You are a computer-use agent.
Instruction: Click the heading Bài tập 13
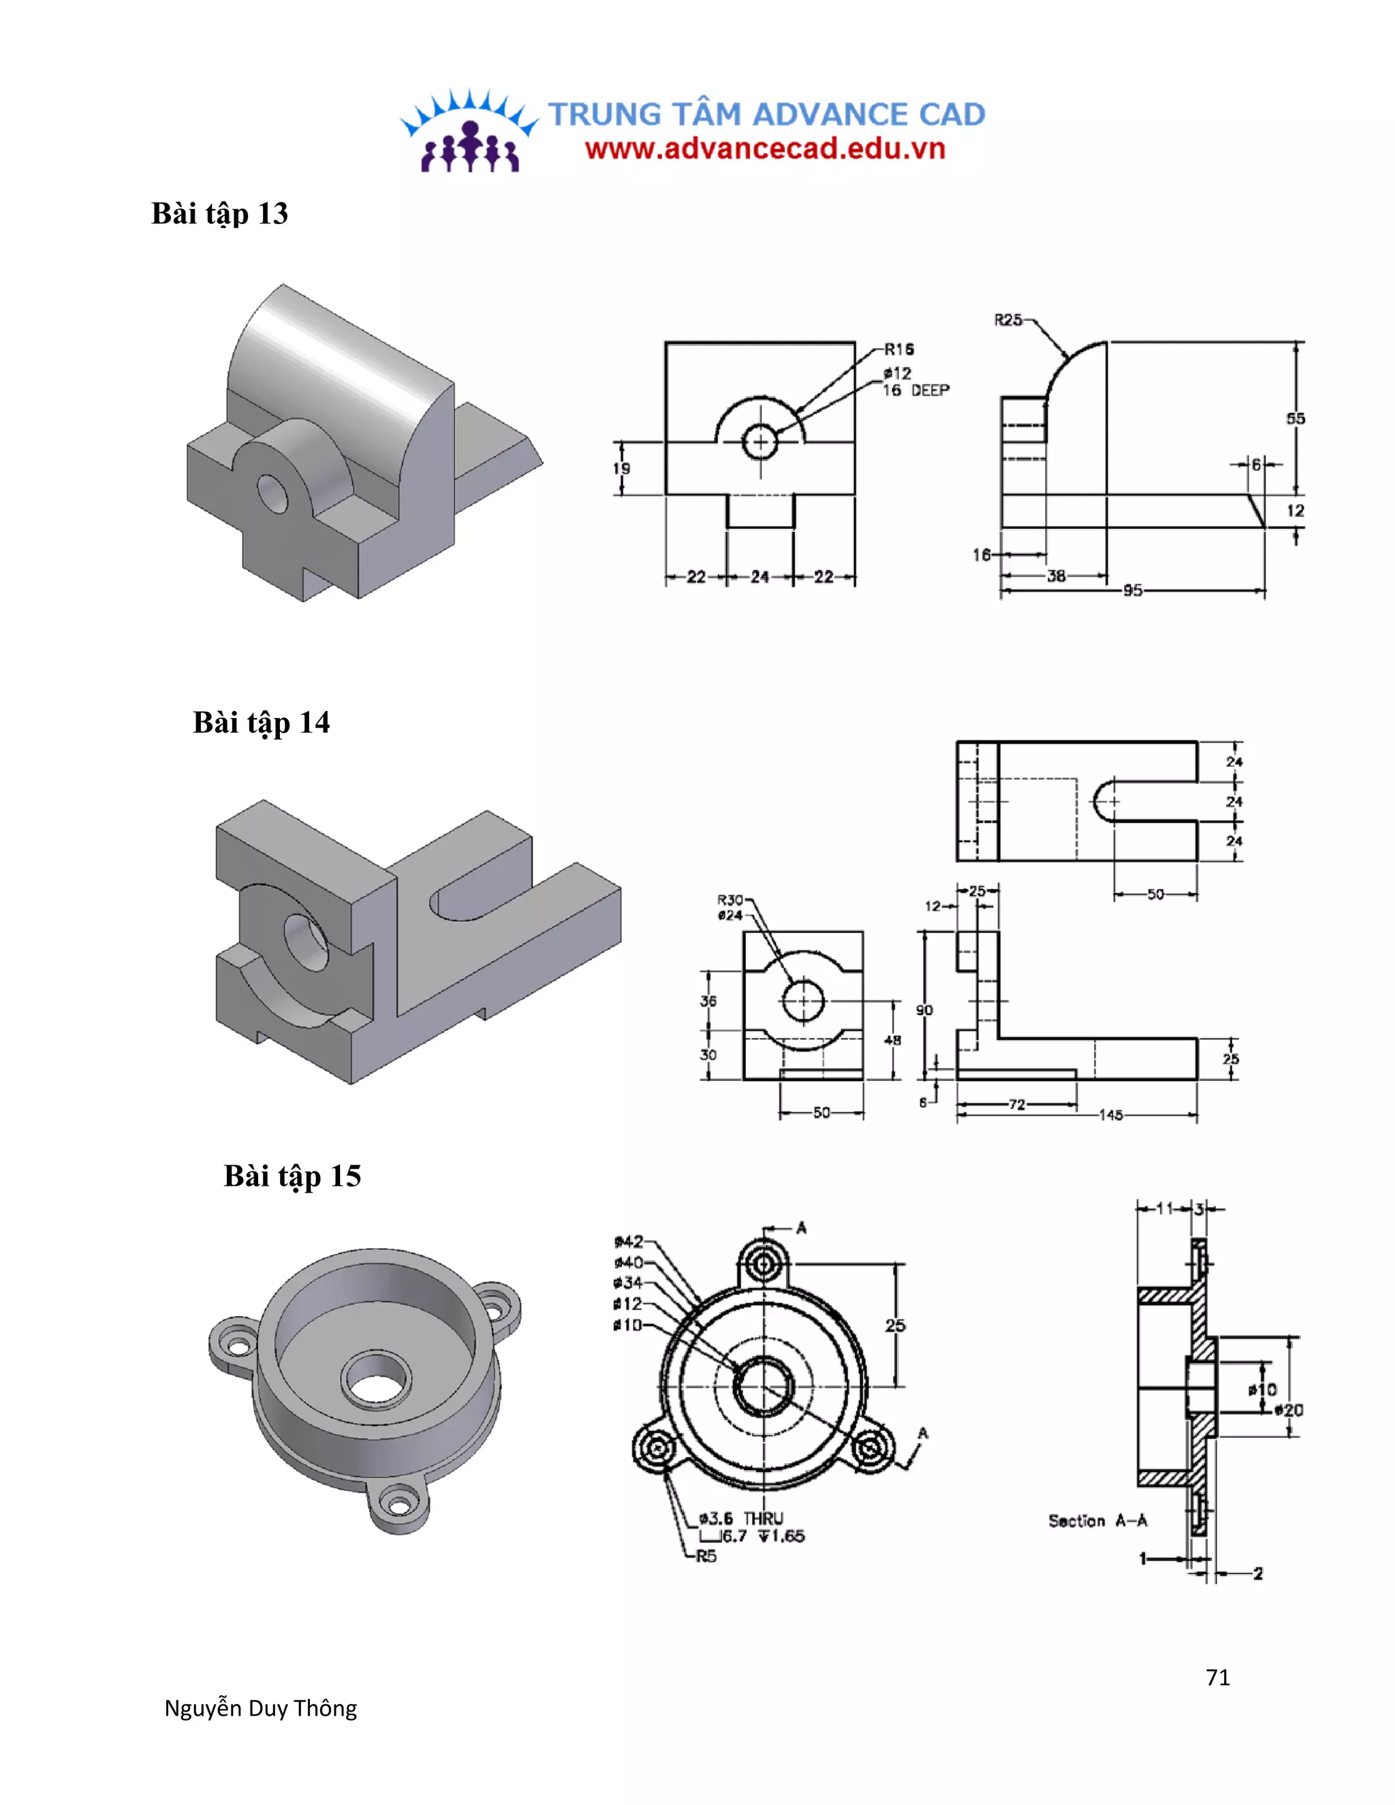point(219,213)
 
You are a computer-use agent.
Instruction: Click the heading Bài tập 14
point(261,722)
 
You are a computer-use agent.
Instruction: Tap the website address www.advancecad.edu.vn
point(764,148)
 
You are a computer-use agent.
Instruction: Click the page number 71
point(1217,1677)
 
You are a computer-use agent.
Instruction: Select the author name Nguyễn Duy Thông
point(260,1708)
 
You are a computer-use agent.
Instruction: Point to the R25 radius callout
point(1007,320)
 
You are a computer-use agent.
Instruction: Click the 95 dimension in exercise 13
point(1132,590)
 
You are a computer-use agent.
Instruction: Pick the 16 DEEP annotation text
point(915,390)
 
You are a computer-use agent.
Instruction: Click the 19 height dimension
point(621,469)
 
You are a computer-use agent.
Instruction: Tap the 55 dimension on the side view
point(1295,419)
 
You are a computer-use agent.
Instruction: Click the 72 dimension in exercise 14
point(1016,1104)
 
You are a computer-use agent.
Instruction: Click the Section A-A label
point(1097,1521)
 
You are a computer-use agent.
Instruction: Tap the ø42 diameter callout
point(628,1241)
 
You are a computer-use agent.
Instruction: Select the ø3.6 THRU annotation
point(740,1518)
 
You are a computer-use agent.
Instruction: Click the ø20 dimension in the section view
point(1288,1410)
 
